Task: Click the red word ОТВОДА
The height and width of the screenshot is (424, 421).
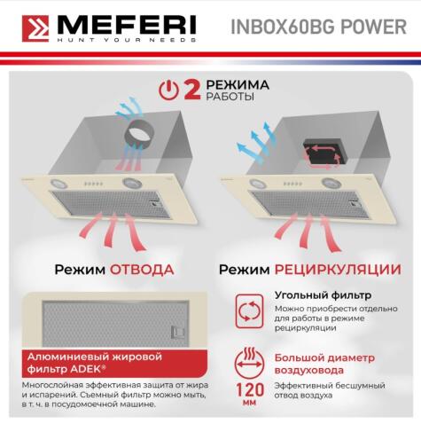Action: coord(142,269)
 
